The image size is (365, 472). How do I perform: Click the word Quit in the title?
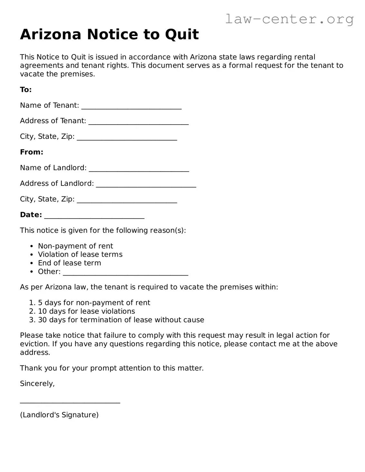coord(181,34)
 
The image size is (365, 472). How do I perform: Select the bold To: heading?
coord(26,90)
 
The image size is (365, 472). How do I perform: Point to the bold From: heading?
coord(32,152)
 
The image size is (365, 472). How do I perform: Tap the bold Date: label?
coord(31,215)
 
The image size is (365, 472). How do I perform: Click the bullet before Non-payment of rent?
coord(32,246)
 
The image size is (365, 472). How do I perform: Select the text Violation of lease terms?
coord(80,254)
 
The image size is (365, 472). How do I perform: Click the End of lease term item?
coord(70,263)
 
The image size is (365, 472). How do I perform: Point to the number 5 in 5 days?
coord(40,303)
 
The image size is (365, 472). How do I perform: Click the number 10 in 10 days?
coord(42,311)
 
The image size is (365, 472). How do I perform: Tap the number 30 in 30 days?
coord(42,320)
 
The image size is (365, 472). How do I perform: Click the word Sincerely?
coord(37,383)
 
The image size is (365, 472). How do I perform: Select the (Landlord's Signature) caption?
coord(59,415)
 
